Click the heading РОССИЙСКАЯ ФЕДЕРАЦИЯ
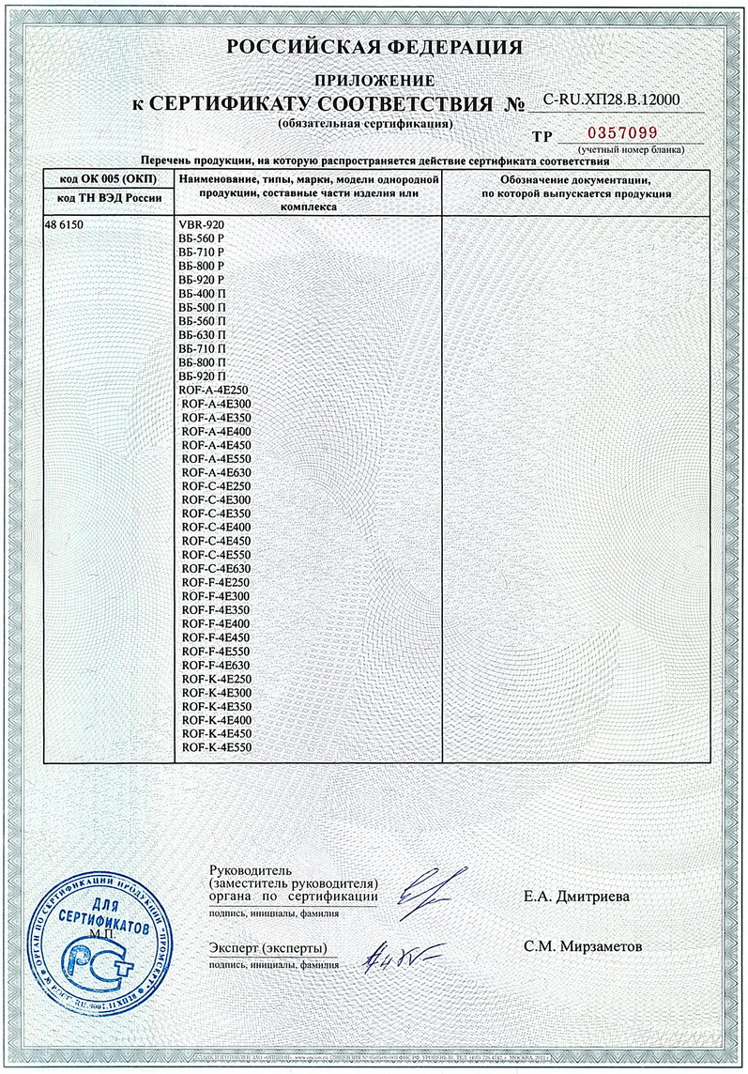(374, 48)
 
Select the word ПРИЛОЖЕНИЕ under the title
(374, 81)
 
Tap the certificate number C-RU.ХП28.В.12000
(611, 100)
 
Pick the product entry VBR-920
(202, 226)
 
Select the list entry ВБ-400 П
(201, 294)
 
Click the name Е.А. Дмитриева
(577, 897)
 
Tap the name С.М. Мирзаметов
(584, 946)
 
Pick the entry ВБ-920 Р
(201, 281)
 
